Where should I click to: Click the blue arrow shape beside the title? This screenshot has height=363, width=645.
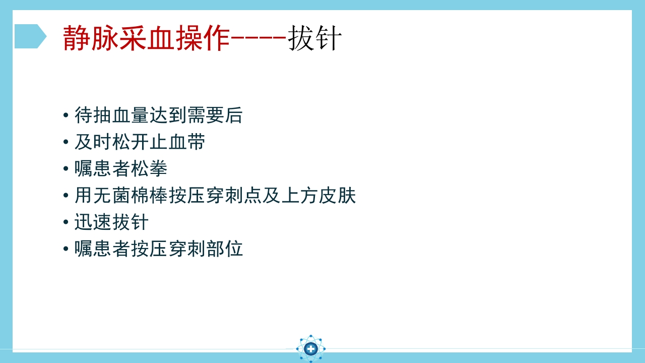click(30, 36)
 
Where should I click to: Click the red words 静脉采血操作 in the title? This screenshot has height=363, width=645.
click(146, 38)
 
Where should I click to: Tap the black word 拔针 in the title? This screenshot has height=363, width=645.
click(315, 38)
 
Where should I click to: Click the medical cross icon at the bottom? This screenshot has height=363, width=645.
click(311, 348)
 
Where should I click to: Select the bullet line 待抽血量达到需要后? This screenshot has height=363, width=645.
click(158, 115)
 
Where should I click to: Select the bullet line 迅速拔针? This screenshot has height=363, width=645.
click(111, 222)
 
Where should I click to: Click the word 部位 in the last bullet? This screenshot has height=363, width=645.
click(225, 249)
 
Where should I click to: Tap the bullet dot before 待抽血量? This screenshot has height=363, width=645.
click(66, 115)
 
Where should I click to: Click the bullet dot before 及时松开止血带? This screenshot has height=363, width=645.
click(66, 142)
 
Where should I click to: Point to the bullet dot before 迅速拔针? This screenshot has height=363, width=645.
click(66, 222)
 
